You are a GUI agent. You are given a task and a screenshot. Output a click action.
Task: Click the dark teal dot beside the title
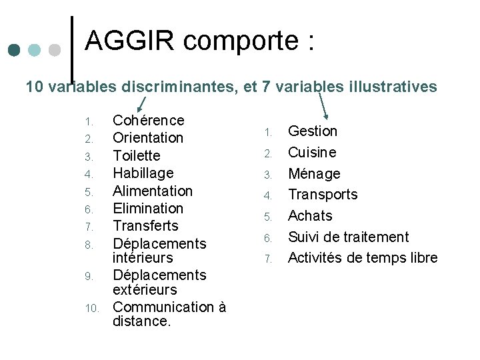point(15,51)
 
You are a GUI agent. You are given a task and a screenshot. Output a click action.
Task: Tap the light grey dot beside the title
point(55,51)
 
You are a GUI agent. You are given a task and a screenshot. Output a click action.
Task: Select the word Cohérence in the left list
point(148,121)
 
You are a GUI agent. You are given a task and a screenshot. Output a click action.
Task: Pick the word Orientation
point(147,138)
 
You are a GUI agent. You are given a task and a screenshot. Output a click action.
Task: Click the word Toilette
point(136,156)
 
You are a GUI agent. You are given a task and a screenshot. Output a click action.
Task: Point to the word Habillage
point(143,173)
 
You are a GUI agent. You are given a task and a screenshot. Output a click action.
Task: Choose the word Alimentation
point(152,191)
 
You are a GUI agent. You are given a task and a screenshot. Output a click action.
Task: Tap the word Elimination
point(147,209)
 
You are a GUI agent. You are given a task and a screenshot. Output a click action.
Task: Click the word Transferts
point(145,226)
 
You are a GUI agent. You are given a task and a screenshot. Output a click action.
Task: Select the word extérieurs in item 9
point(145,290)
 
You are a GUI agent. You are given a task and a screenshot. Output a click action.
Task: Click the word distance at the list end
point(141,321)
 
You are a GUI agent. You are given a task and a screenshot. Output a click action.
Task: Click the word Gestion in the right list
point(312,131)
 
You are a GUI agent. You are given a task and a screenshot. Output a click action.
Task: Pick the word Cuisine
point(311,153)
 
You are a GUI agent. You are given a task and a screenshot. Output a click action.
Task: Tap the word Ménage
point(313,174)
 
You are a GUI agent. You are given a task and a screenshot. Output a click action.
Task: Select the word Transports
point(322,195)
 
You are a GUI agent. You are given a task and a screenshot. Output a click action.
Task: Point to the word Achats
point(309,216)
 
